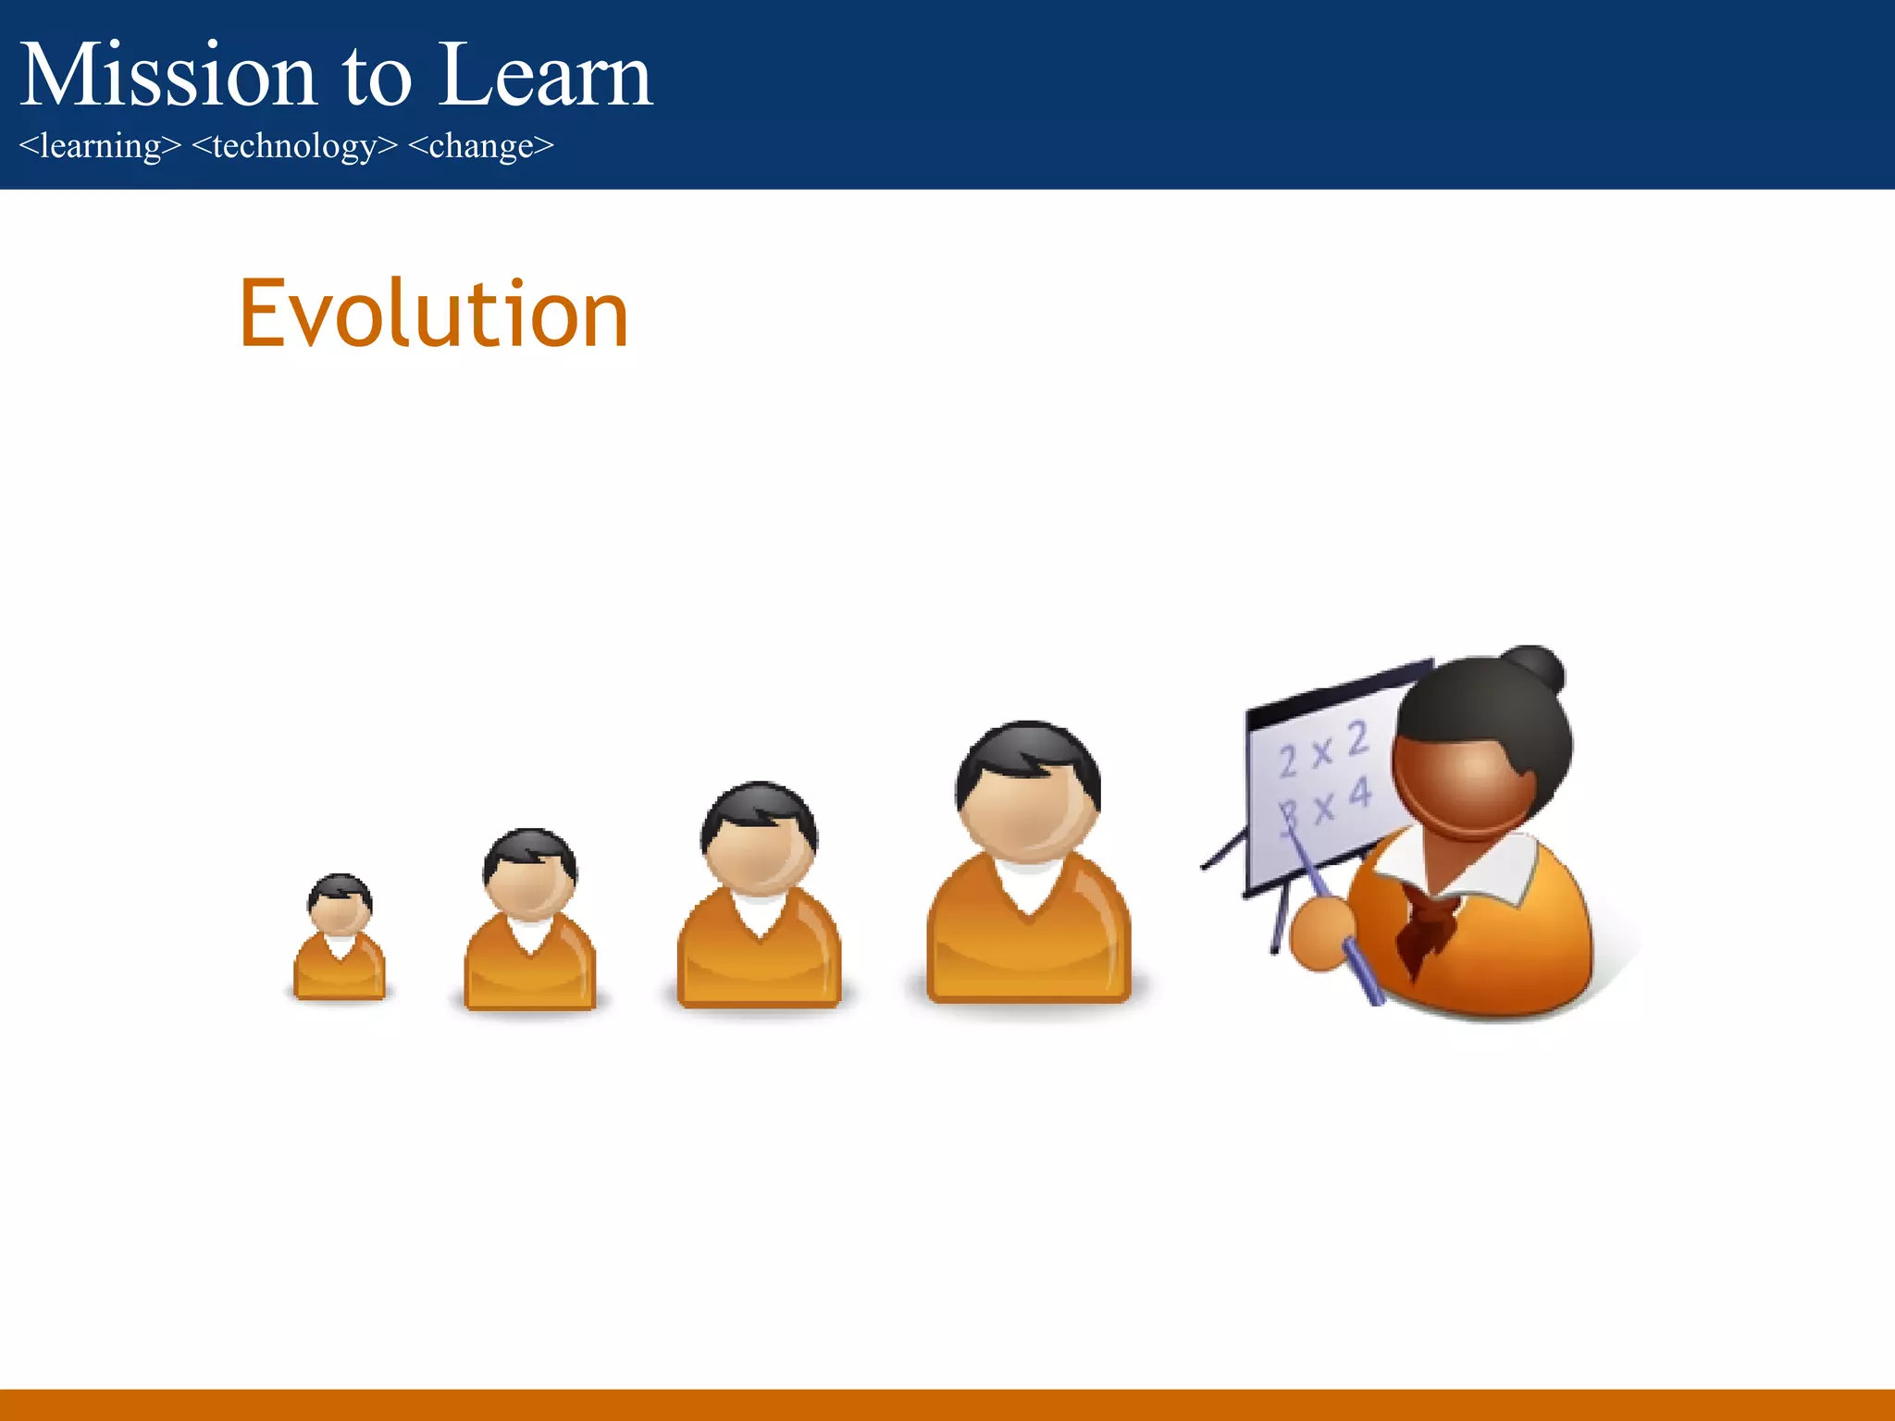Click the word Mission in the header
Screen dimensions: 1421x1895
[x=167, y=76]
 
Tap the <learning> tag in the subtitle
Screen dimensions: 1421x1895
[x=100, y=146]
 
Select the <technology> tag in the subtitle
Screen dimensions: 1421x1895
[x=294, y=146]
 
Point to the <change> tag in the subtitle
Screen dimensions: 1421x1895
[x=480, y=146]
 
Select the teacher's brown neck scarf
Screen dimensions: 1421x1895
[x=1425, y=925]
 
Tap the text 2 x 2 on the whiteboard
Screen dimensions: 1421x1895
[x=1321, y=751]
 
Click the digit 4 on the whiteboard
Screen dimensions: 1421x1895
[x=1358, y=794]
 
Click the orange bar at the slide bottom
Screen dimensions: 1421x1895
[x=947, y=1404]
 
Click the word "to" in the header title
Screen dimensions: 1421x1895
[x=377, y=76]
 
